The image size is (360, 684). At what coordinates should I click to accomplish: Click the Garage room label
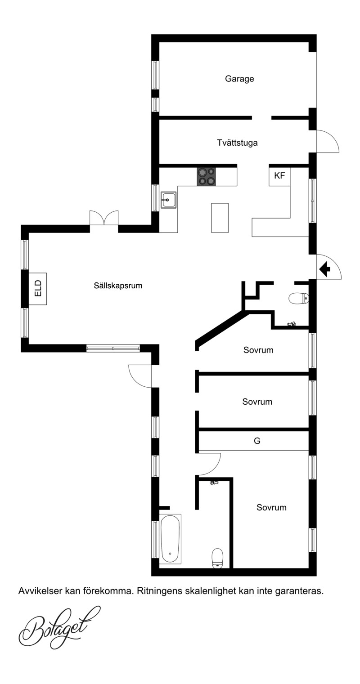coord(239,79)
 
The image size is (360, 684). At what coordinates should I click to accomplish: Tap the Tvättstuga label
coord(237,143)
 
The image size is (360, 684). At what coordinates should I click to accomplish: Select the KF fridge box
coord(279,176)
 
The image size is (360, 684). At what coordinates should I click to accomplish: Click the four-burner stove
coord(206,176)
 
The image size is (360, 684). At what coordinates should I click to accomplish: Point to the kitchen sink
coord(169,200)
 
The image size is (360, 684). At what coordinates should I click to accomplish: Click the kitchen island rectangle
coord(220,218)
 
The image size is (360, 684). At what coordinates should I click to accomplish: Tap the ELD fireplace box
coord(38,289)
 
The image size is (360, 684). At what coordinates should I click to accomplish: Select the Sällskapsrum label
coord(118,286)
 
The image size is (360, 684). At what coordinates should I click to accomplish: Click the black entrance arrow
coord(324,269)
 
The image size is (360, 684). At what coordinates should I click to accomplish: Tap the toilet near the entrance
coord(298,298)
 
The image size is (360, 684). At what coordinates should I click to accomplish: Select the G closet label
coord(257,441)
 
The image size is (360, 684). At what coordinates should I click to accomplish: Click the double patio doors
coord(104,218)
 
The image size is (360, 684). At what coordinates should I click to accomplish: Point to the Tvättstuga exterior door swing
coord(328,141)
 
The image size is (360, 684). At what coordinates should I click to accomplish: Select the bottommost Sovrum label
coord(271,508)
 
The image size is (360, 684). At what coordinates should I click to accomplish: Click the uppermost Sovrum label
coord(258,350)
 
